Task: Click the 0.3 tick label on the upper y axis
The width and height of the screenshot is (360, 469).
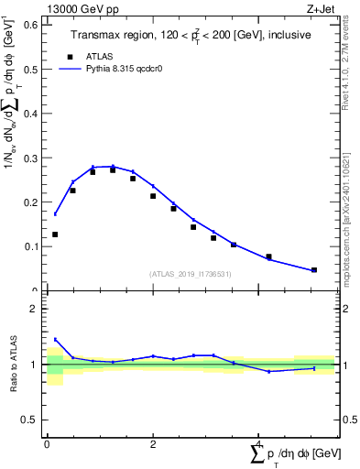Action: [x=30, y=158]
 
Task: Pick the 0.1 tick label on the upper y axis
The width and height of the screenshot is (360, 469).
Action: [x=30, y=246]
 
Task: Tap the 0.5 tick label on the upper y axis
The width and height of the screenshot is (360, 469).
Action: [x=30, y=70]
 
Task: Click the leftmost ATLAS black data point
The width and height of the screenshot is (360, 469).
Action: [x=55, y=234]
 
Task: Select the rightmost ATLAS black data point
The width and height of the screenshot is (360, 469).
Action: [x=314, y=270]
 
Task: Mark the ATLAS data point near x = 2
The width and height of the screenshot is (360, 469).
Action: [x=153, y=196]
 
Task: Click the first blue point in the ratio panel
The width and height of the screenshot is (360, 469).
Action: [x=55, y=339]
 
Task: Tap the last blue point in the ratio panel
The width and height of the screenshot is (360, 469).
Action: [x=314, y=368]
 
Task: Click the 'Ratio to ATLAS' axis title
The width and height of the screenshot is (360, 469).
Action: [x=14, y=365]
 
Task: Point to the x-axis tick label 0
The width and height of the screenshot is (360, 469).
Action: [x=47, y=444]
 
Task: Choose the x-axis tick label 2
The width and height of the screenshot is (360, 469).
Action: [x=153, y=444]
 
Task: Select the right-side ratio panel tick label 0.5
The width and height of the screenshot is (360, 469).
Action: [x=348, y=420]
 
